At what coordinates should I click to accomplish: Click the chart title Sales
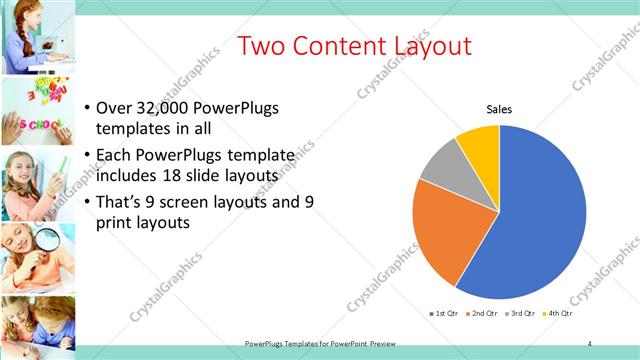(x=499, y=109)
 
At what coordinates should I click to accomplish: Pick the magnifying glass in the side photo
(x=47, y=241)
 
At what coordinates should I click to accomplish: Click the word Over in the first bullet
(x=114, y=109)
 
